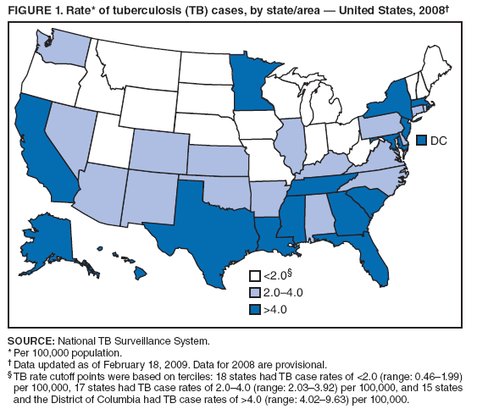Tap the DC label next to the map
440,140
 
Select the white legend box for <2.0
254,275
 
